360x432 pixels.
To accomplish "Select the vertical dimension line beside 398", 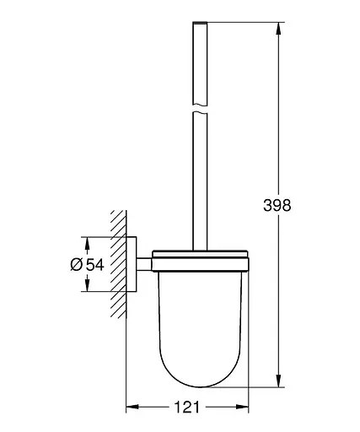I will (277, 127).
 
